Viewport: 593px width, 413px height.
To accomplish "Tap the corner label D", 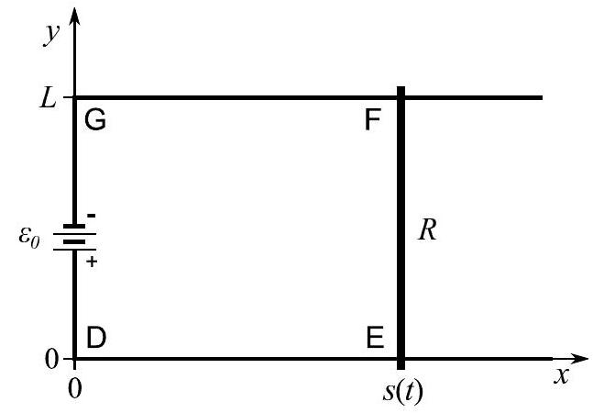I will [x=96, y=337].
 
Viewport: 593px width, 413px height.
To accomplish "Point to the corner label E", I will [x=374, y=337].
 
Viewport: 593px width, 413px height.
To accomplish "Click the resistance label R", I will [x=428, y=230].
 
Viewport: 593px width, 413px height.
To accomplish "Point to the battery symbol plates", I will [x=75, y=237].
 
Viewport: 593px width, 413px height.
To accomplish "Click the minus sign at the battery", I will [x=92, y=216].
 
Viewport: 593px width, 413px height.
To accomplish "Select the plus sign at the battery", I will [x=92, y=262].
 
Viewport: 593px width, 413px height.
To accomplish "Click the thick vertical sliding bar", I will [x=401, y=229].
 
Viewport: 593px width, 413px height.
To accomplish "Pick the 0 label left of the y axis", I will [x=53, y=359].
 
